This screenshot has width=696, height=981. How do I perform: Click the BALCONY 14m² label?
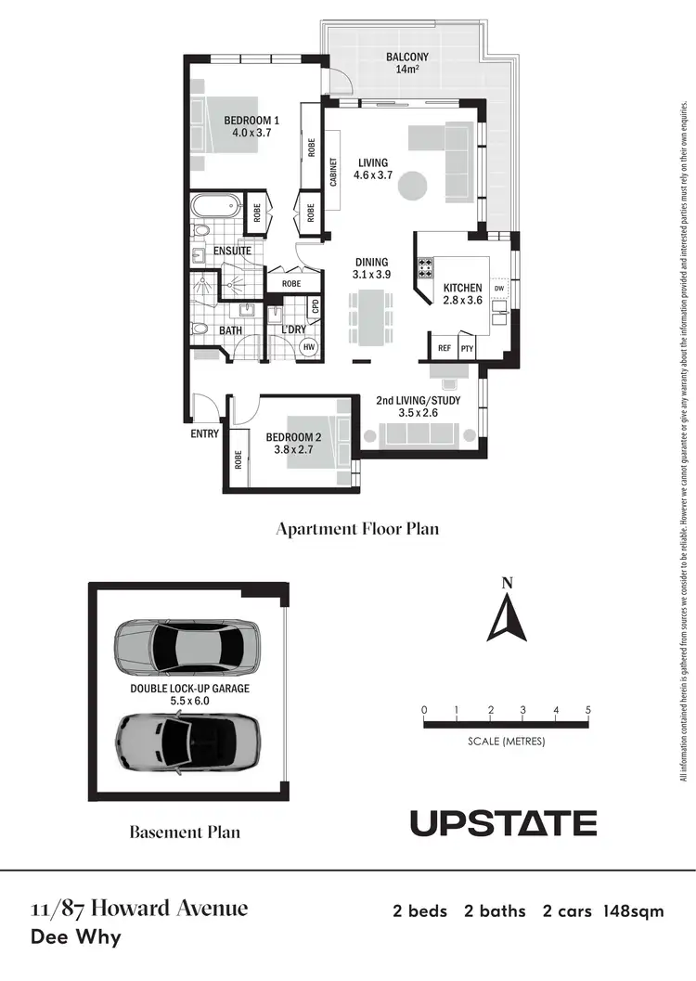(406, 63)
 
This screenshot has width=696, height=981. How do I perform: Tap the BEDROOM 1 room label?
(251, 126)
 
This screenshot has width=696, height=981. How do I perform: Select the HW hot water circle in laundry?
(309, 347)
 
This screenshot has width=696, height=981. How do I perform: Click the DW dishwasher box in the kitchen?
(499, 289)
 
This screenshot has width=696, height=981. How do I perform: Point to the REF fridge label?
(445, 349)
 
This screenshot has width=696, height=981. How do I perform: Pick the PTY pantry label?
(467, 349)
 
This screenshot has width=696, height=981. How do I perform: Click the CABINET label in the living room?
(333, 172)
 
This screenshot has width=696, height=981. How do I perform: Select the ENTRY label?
(203, 433)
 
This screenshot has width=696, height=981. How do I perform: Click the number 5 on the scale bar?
(588, 710)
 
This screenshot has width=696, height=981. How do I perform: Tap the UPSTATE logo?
(503, 822)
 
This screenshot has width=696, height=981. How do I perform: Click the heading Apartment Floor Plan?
(357, 529)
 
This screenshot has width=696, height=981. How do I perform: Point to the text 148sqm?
(634, 911)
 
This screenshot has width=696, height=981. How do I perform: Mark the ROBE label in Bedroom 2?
(238, 458)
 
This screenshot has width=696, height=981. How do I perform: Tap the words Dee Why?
(76, 936)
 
